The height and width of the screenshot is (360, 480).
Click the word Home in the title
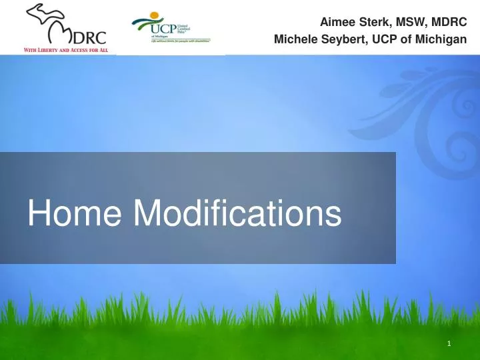coord(75,214)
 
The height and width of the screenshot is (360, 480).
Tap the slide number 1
coord(450,344)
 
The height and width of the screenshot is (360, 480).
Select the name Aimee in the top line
coord(337,23)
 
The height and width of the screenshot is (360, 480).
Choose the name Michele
coord(296,41)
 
